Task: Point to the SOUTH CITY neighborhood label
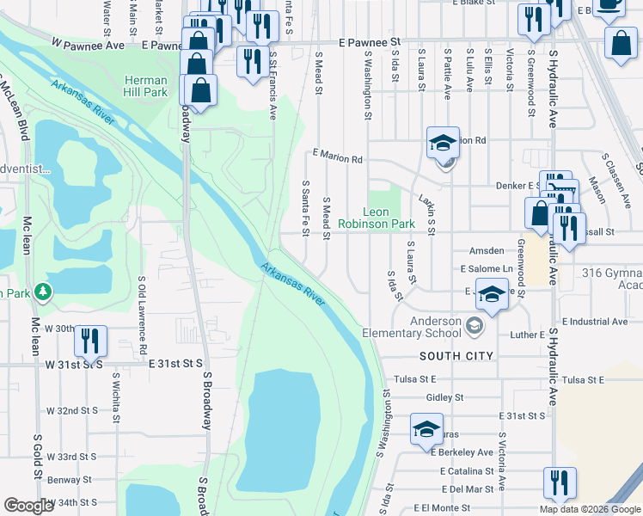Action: pos(456,355)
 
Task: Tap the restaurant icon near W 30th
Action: pos(89,342)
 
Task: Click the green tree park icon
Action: pos(41,292)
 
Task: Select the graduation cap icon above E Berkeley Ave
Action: pos(426,432)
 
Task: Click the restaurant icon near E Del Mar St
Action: pos(560,484)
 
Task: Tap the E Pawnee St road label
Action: pos(370,41)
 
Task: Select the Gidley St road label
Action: pos(444,397)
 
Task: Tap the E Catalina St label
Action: pos(466,471)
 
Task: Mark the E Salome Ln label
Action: pos(487,268)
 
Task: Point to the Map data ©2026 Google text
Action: pos(589,509)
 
